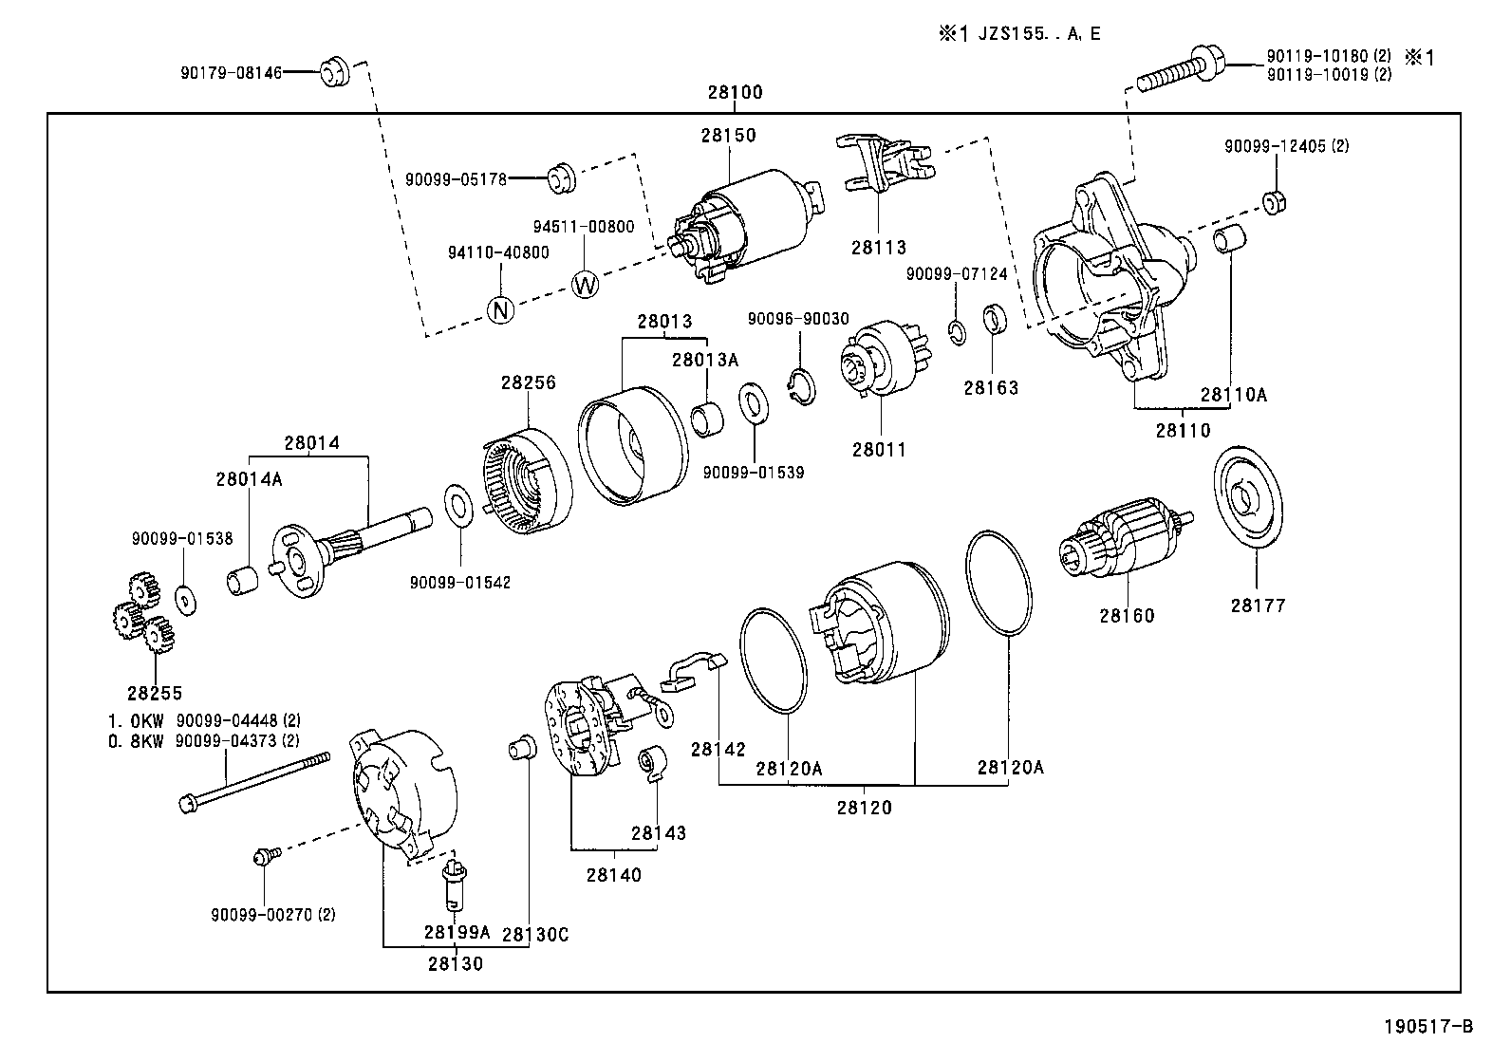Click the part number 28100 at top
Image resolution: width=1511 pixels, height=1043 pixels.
pos(734,93)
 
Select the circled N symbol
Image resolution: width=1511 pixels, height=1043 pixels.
pos(500,309)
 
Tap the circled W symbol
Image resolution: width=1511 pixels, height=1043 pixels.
pos(585,284)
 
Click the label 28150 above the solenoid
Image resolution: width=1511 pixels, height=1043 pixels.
pos(729,135)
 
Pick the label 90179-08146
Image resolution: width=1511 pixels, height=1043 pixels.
pos(231,71)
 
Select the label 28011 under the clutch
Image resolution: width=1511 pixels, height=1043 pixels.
pos(878,450)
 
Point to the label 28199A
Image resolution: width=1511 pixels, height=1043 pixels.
pos(457,932)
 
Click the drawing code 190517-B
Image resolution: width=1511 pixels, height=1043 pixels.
pos(1427,1026)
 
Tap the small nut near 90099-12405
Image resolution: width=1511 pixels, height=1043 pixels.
pos(1274,202)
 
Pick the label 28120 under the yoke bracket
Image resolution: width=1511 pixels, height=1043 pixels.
pos(864,808)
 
